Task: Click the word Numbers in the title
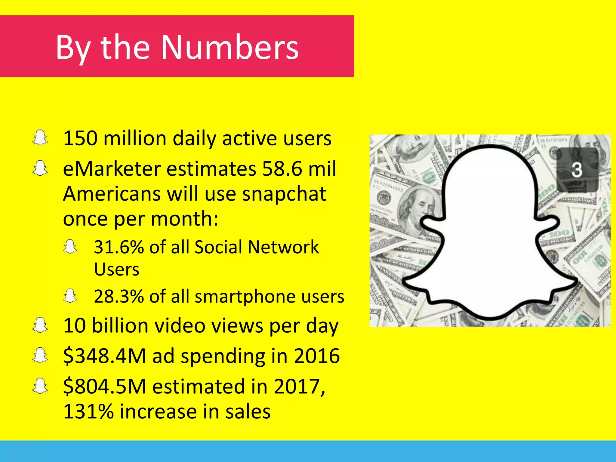click(x=230, y=47)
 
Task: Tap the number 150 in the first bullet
click(x=80, y=138)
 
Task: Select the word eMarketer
click(x=111, y=169)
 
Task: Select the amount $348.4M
click(x=104, y=356)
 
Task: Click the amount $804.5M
click(x=104, y=387)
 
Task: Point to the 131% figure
click(x=88, y=411)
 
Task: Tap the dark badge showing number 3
click(x=577, y=170)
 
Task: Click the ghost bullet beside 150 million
click(x=40, y=138)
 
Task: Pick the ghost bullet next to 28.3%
click(x=70, y=296)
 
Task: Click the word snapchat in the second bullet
click(x=284, y=194)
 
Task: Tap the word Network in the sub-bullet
click(x=283, y=247)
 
